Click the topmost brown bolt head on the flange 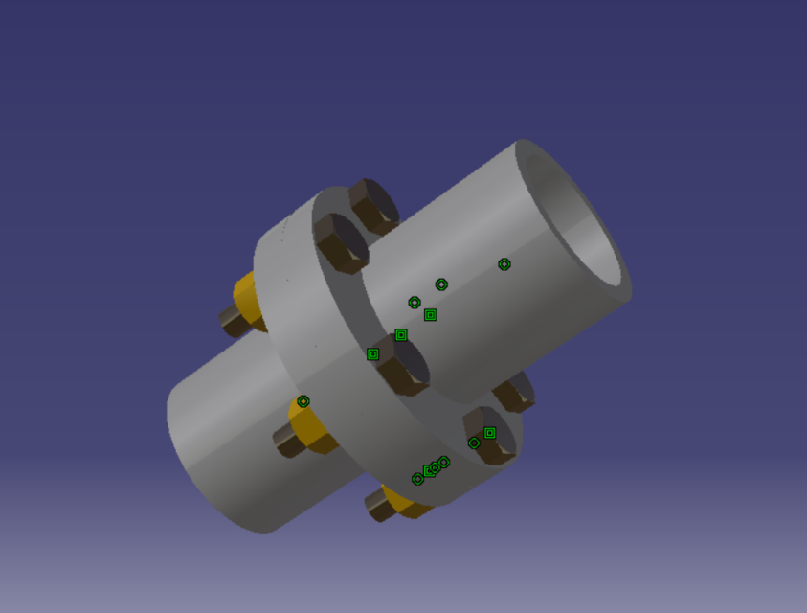click(x=372, y=204)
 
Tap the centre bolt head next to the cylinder click(x=404, y=368)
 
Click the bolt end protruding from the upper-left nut click(x=233, y=320)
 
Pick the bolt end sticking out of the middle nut click(x=287, y=440)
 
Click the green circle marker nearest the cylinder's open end click(x=504, y=264)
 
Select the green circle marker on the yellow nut click(x=303, y=401)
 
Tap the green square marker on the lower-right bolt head click(x=490, y=433)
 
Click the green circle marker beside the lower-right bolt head click(x=474, y=443)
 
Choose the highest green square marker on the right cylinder click(x=430, y=314)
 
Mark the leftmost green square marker click(x=372, y=354)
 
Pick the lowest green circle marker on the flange click(x=417, y=479)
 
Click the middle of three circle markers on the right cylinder click(x=441, y=284)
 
